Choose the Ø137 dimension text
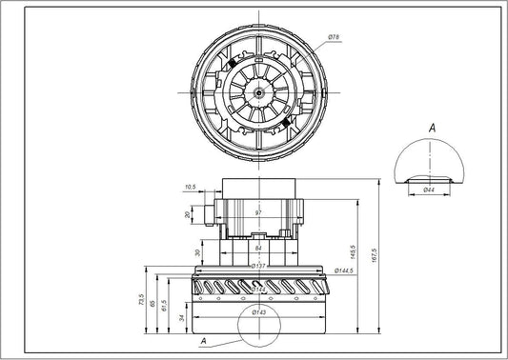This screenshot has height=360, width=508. [258, 266]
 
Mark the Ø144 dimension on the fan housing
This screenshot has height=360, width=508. [258, 287]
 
